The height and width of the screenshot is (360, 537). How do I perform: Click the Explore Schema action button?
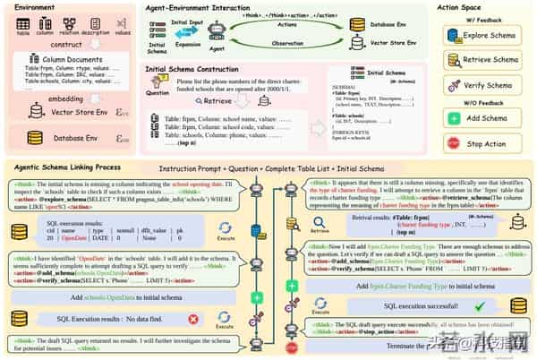[482, 36]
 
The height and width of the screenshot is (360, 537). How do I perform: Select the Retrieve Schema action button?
[482, 60]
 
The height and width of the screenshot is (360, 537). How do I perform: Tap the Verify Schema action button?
[482, 85]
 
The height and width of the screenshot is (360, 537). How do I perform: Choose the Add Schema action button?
[482, 118]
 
